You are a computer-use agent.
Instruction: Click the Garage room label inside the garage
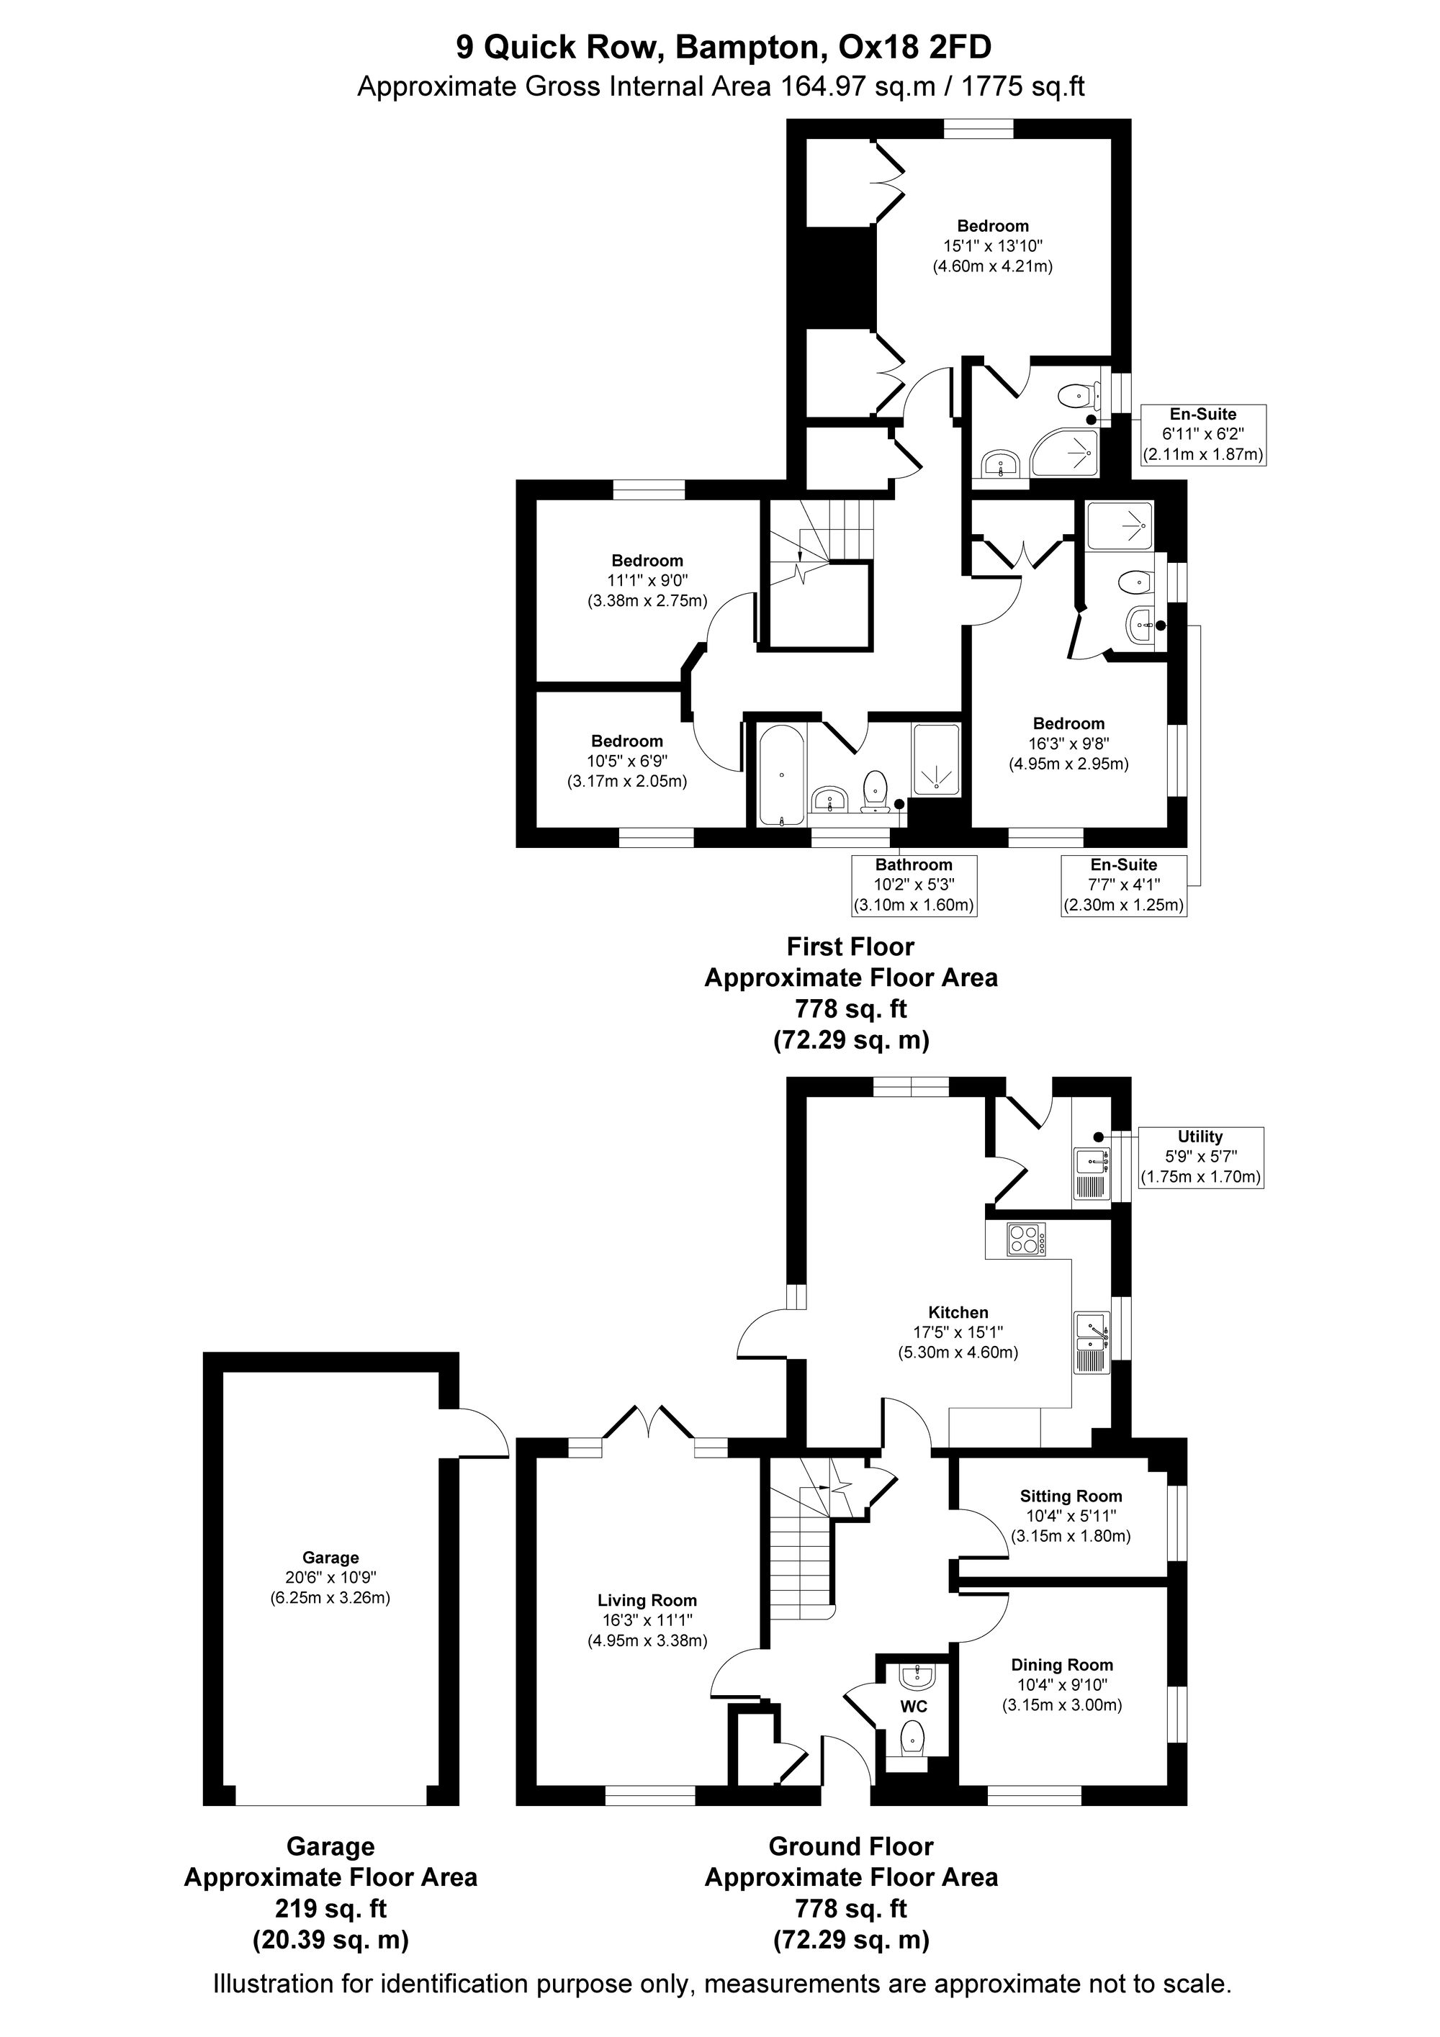330,1557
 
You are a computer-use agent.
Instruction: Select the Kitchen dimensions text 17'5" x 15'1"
958,1332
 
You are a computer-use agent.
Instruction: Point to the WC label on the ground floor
914,1706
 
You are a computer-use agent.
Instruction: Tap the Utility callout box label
1200,1137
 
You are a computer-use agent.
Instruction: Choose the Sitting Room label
1071,1496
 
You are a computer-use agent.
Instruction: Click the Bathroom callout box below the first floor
914,885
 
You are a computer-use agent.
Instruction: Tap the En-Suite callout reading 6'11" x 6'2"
1202,435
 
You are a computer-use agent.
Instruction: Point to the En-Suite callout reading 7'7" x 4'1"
1123,885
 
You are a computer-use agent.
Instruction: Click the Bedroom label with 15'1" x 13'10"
993,226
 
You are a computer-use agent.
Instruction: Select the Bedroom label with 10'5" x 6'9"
627,741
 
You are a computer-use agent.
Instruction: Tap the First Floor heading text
850,947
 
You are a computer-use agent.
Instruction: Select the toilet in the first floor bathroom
876,790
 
